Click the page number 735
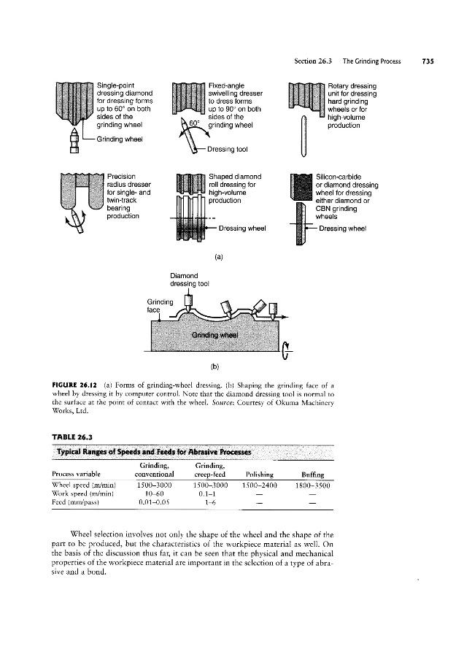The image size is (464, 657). [x=428, y=61]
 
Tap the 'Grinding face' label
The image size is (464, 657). [x=158, y=304]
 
